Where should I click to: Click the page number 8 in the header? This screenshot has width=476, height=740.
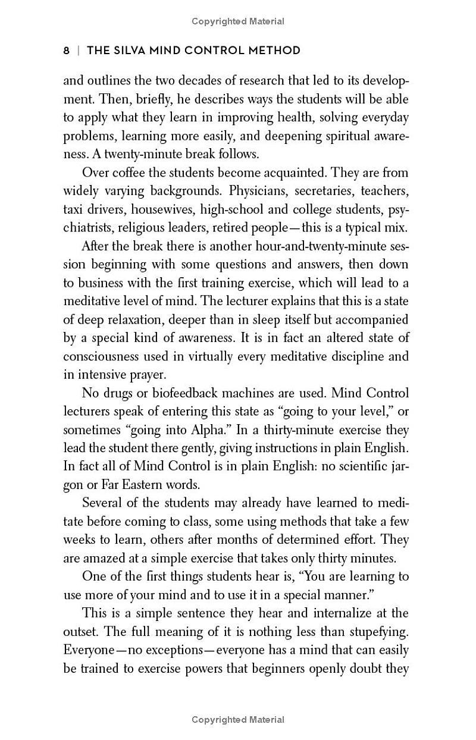click(67, 51)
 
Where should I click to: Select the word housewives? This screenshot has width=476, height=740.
click(162, 210)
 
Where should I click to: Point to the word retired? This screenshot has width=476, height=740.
click(258, 228)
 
